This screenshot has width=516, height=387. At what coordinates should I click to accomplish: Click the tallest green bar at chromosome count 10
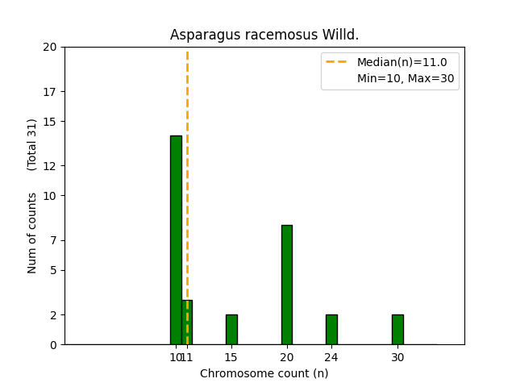(x=176, y=240)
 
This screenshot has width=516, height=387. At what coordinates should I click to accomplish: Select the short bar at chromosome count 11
(x=187, y=322)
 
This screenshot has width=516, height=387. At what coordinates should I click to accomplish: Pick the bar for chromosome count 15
(x=231, y=330)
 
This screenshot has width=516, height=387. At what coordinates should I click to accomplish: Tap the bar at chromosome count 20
(x=287, y=285)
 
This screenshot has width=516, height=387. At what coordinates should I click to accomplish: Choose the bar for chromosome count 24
(x=331, y=330)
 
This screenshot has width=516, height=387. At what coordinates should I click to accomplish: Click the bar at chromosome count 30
(x=397, y=330)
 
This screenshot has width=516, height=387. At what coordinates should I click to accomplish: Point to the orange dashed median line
(x=187, y=196)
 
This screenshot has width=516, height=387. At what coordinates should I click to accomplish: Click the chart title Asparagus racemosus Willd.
(x=264, y=35)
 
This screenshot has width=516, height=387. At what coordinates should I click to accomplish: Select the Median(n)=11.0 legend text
(x=402, y=62)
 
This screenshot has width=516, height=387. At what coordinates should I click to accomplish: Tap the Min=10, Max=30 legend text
(x=406, y=78)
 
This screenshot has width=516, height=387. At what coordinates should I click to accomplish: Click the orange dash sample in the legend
(x=336, y=62)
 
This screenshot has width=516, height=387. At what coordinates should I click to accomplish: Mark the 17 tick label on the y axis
(x=50, y=92)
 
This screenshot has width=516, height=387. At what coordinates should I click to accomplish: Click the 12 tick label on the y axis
(x=50, y=166)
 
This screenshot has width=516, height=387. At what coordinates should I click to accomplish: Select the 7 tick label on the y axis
(x=53, y=240)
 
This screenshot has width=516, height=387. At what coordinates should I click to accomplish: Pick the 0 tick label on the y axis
(x=53, y=345)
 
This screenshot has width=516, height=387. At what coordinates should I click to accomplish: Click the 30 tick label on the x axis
(x=397, y=357)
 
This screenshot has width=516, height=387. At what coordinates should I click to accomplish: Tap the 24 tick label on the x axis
(x=331, y=357)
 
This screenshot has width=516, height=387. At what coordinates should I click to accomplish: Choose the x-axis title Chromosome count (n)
(x=264, y=373)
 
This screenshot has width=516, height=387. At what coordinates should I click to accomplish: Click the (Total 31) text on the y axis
(x=31, y=145)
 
